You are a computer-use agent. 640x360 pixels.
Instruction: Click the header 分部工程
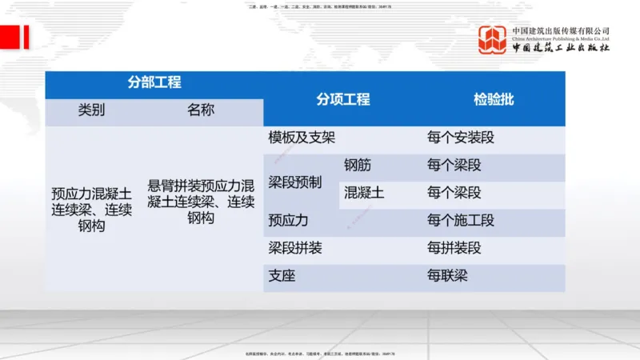click(154, 82)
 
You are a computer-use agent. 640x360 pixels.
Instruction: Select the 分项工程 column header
click(342, 100)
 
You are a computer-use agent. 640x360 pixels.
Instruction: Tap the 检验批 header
click(493, 100)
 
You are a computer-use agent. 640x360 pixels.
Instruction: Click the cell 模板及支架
click(302, 138)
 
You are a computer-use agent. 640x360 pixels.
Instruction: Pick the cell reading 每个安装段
click(461, 138)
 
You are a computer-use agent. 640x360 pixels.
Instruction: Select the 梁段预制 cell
click(294, 182)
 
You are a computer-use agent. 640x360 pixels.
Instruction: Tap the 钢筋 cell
click(358, 166)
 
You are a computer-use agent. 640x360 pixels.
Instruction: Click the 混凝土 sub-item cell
click(364, 193)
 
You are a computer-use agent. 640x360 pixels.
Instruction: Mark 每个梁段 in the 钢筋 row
click(454, 166)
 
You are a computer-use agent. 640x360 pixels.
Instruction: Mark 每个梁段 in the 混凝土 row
click(454, 193)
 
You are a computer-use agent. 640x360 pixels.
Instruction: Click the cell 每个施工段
click(461, 220)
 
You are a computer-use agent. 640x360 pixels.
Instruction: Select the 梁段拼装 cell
click(294, 248)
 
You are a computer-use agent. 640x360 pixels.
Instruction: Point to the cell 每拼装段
click(454, 248)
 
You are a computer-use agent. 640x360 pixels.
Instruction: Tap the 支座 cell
click(282, 276)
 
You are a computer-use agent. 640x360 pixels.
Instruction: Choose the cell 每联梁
click(447, 276)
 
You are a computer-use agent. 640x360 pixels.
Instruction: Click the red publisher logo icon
click(492, 40)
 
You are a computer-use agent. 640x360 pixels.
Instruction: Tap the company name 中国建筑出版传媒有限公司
click(561, 31)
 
